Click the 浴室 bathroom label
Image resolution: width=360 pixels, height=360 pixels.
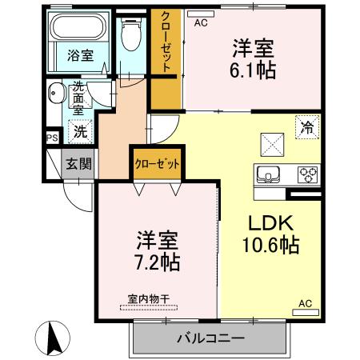(80, 56)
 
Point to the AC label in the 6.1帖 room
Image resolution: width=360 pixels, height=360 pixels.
(200, 22)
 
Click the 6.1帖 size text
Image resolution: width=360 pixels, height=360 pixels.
(254, 70)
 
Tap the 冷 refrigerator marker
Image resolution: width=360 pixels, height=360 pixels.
(306, 126)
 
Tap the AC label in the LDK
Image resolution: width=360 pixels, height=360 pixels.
(305, 303)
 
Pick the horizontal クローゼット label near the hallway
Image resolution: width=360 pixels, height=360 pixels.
(156, 163)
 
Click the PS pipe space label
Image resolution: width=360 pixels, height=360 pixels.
(52, 138)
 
